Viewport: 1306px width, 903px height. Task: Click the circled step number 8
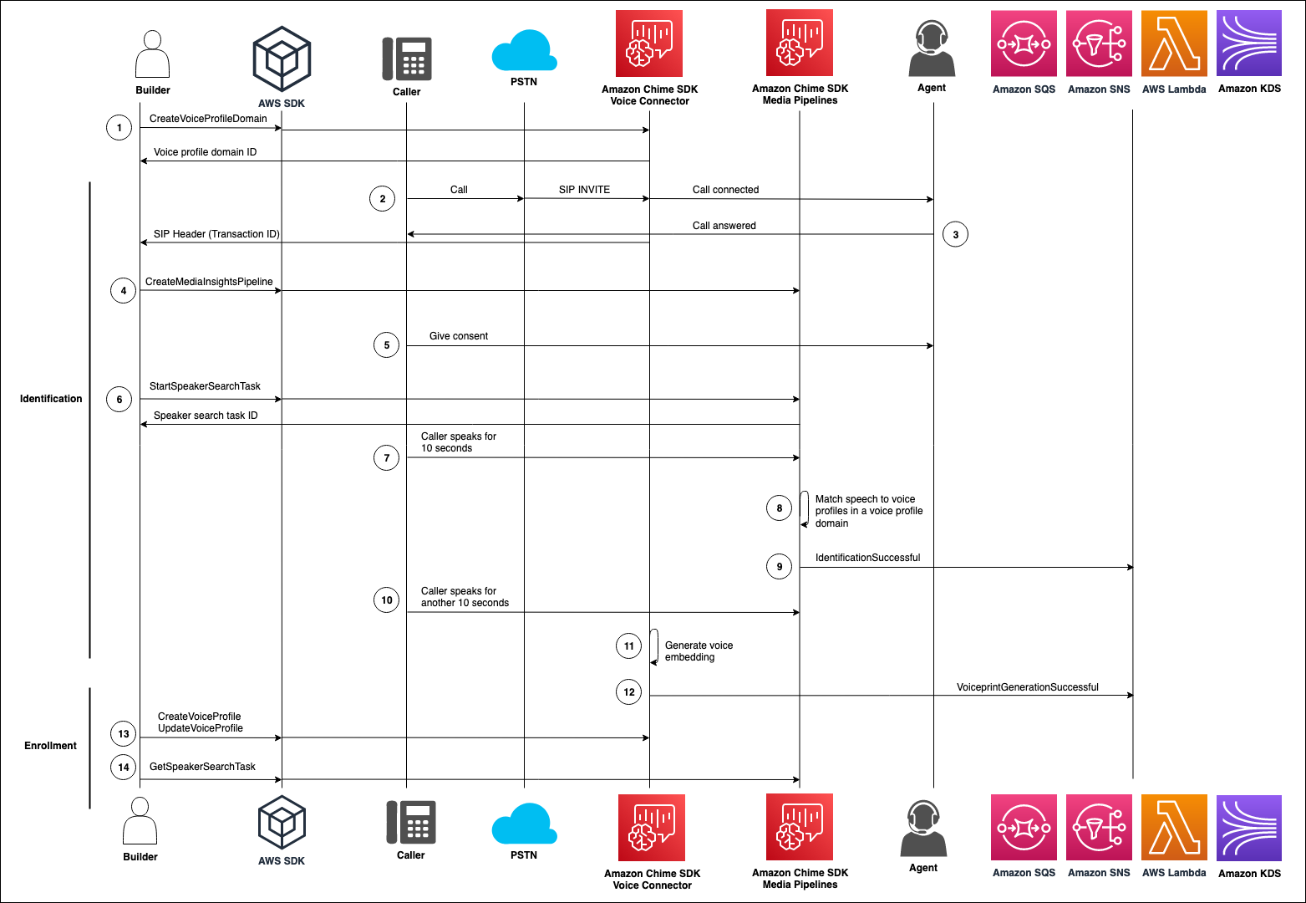[780, 508]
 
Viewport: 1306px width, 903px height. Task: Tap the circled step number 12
[629, 691]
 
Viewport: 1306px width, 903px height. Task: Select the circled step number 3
[956, 234]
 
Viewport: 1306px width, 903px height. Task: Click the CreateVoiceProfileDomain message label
[208, 119]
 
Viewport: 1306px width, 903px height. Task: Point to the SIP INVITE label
[584, 190]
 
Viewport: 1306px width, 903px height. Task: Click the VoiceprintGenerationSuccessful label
[1027, 687]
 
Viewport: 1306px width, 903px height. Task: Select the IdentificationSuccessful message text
[867, 558]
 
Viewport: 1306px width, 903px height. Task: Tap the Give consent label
[459, 336]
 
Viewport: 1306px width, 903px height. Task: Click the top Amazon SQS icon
[1024, 43]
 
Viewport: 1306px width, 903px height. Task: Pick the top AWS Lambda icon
[1174, 43]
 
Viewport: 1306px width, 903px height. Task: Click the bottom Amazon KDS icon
[1249, 828]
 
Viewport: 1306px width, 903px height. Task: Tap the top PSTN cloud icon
[524, 51]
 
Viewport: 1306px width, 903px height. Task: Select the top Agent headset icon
[932, 48]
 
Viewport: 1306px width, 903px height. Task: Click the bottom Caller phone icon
[409, 822]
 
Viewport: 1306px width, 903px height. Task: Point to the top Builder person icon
[153, 54]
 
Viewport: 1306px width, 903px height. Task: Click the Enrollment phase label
[50, 746]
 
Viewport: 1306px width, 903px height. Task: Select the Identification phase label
[51, 399]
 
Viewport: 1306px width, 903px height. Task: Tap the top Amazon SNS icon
[1099, 43]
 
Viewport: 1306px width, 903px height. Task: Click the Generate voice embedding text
[699, 651]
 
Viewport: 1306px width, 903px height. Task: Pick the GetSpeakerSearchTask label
[202, 767]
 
